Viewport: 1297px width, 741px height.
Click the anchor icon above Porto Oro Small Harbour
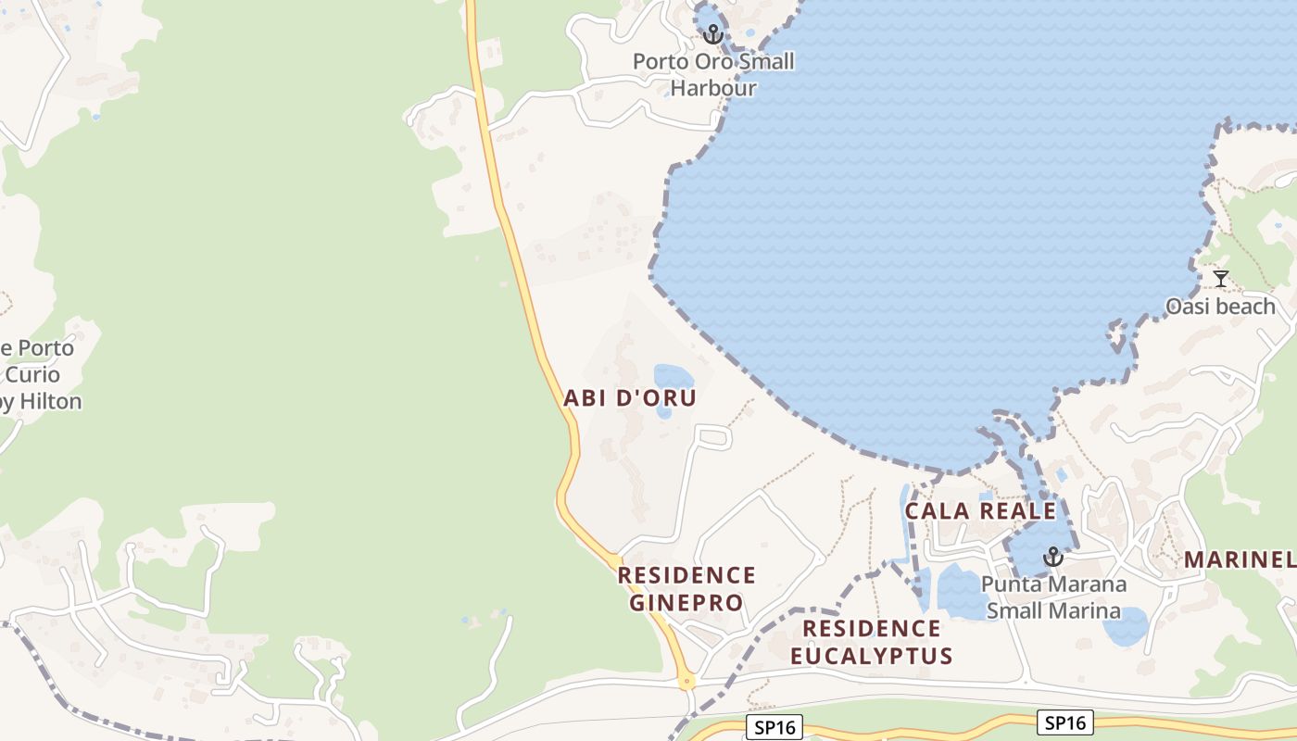(x=711, y=34)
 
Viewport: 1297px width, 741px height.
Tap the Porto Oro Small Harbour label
(x=713, y=75)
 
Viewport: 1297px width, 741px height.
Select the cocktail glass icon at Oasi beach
(x=1221, y=278)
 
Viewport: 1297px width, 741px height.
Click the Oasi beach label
(x=1220, y=307)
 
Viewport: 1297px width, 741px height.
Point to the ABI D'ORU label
(x=630, y=398)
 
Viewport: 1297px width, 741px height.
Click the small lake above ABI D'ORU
(x=674, y=378)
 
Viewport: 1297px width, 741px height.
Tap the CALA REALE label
(x=980, y=511)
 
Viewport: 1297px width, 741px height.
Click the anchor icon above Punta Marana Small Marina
(x=1051, y=557)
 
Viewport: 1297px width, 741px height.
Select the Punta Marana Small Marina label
(x=1053, y=597)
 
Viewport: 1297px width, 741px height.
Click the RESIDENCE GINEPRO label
(x=686, y=589)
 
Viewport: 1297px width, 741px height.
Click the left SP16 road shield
(x=774, y=728)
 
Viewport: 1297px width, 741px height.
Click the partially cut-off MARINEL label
(x=1240, y=559)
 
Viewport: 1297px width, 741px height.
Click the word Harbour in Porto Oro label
(x=713, y=89)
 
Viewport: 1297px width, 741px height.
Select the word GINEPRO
(x=686, y=603)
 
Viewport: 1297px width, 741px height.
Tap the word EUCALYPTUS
(x=871, y=657)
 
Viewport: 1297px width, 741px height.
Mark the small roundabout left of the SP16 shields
(x=686, y=681)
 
